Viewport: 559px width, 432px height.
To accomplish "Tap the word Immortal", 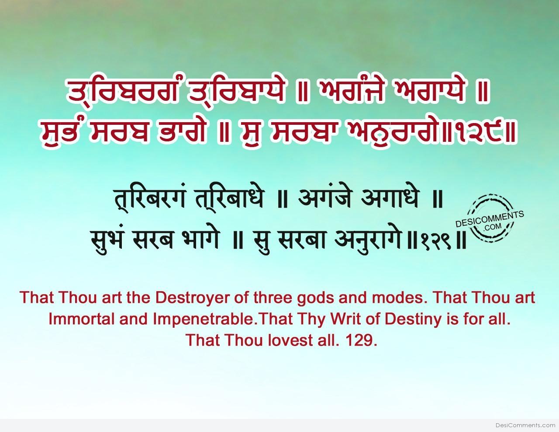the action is coord(81,319).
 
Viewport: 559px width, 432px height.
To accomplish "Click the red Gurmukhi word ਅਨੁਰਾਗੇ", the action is coord(392,132).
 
